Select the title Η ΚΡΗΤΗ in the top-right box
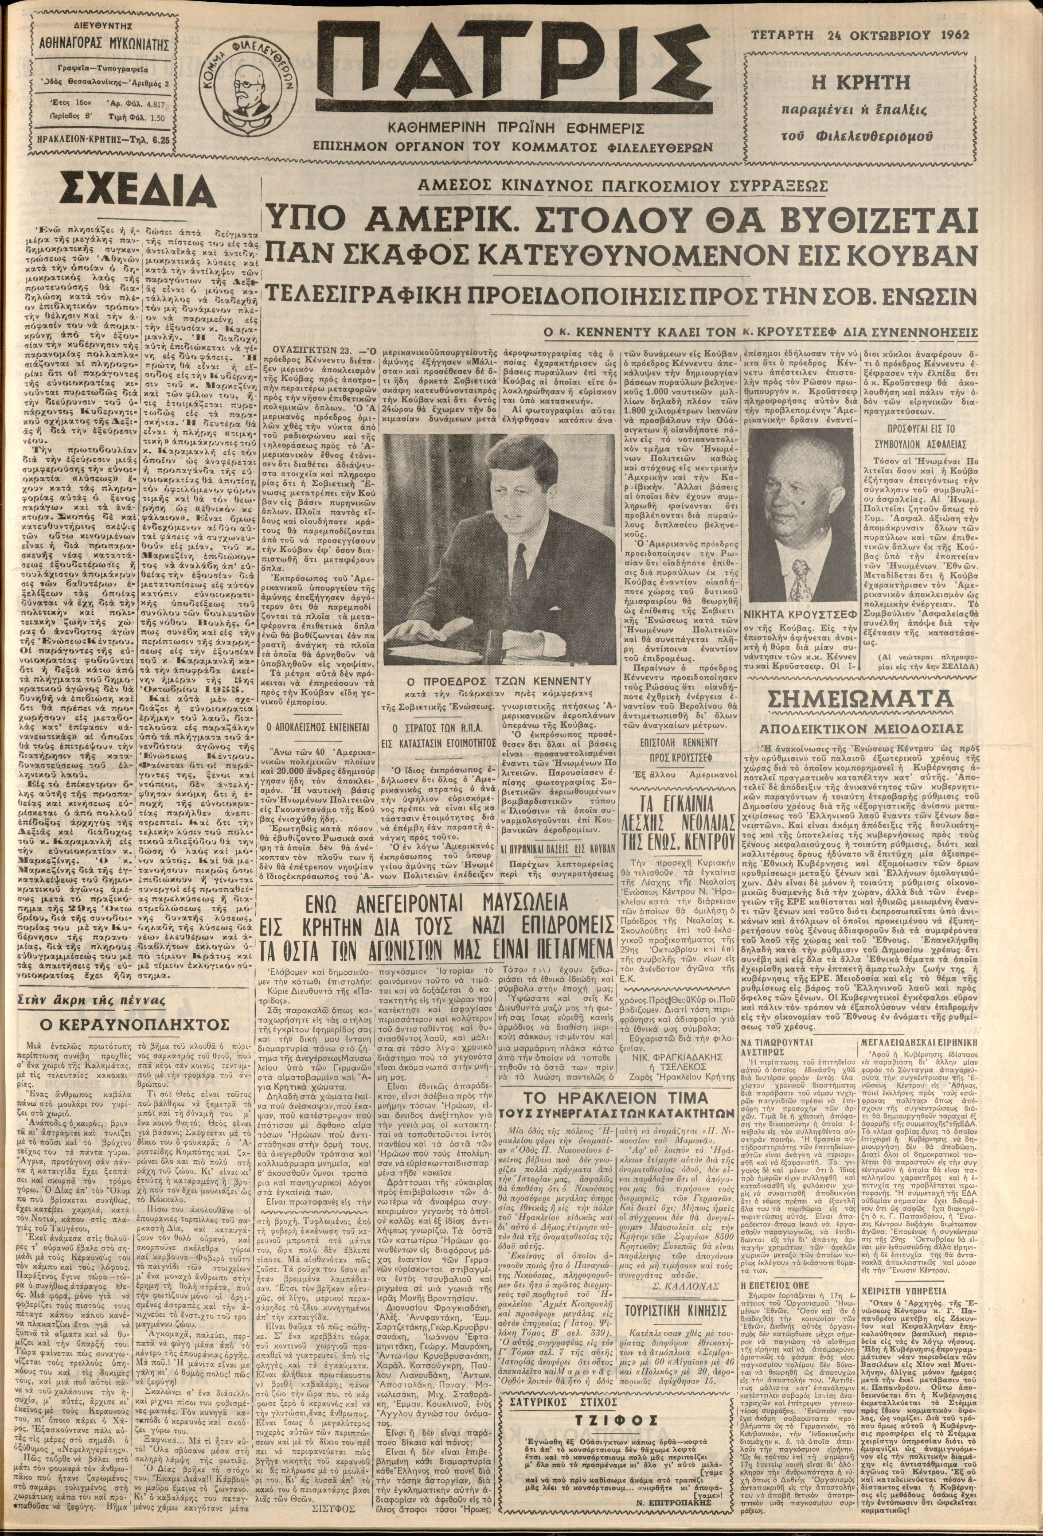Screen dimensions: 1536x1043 [860, 84]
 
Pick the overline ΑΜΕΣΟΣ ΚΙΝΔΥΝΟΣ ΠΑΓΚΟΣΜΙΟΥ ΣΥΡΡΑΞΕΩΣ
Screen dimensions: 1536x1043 [621, 187]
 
